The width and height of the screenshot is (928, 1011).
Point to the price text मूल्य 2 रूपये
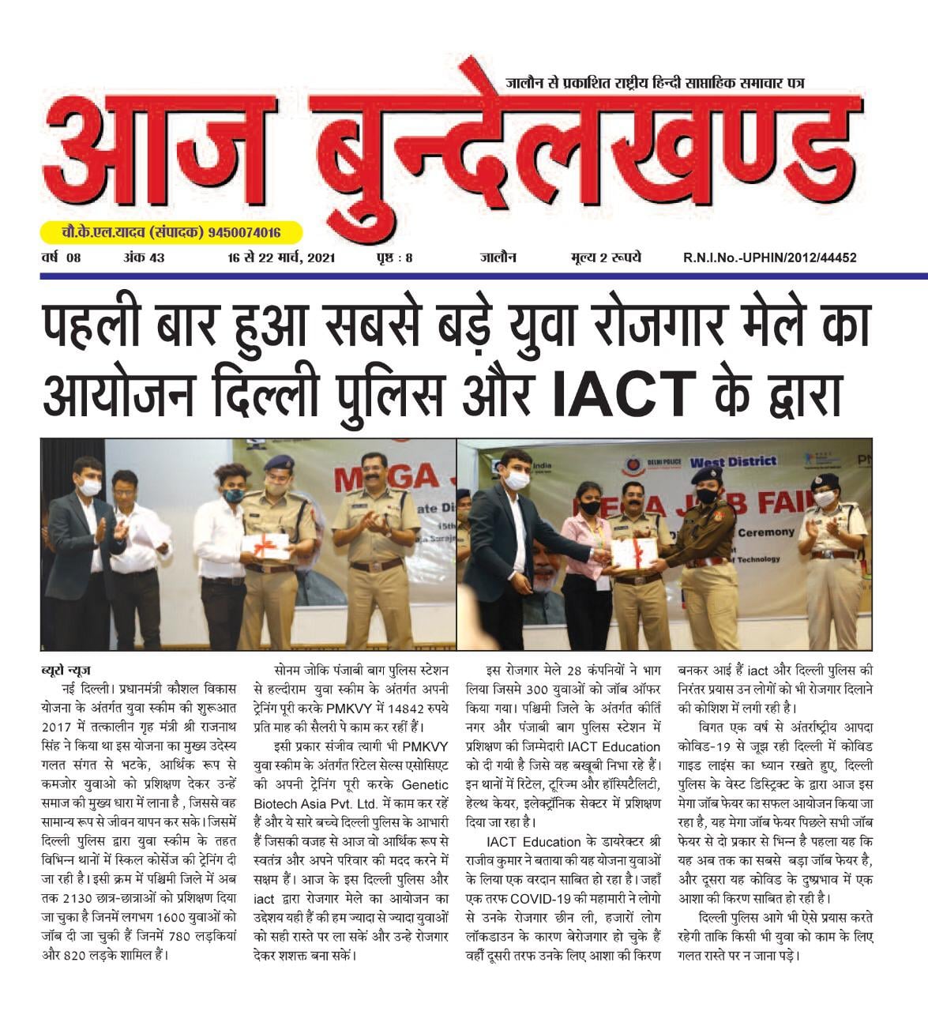tap(606, 258)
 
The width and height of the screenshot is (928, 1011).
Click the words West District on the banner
tap(734, 461)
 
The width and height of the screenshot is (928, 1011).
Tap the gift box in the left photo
tap(266, 545)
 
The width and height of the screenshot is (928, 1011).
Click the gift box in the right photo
tap(634, 553)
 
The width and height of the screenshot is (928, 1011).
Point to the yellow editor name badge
tap(171, 233)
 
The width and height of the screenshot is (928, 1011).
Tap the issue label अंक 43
tap(144, 258)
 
